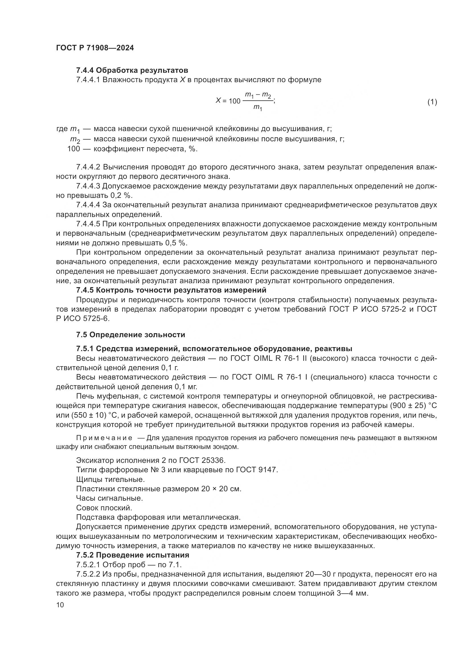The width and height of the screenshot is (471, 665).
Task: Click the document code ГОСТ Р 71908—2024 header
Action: point(95,48)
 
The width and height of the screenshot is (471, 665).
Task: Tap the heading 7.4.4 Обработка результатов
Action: point(132,71)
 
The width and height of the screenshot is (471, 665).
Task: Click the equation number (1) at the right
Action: point(432,102)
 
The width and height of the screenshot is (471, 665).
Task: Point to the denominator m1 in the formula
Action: point(257,107)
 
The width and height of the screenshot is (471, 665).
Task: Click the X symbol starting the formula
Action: point(219,100)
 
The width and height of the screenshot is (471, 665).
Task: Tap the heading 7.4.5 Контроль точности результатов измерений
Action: point(171,290)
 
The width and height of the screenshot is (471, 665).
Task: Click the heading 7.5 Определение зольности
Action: point(130,335)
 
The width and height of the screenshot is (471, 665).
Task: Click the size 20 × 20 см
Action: point(221,489)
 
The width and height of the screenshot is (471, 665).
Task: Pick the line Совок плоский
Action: point(104,508)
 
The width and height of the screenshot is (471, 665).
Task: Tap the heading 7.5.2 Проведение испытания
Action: point(132,555)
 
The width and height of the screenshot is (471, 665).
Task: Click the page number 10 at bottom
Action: point(60,605)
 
